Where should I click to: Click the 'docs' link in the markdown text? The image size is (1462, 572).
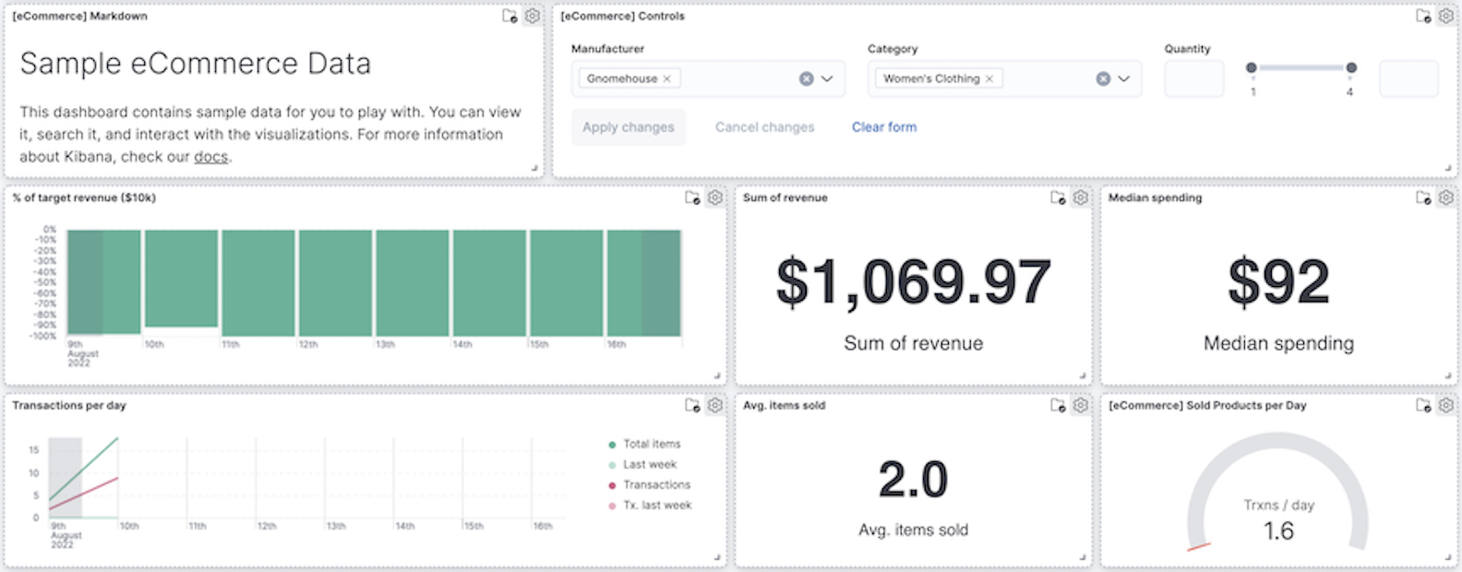click(x=210, y=157)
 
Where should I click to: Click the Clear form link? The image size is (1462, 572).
click(x=883, y=127)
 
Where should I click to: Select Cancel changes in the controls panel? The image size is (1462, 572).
click(x=764, y=127)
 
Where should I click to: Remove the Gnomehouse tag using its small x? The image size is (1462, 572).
click(x=666, y=79)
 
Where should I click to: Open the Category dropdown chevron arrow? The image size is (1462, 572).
click(x=1123, y=79)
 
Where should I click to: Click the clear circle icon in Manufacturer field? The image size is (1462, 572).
click(x=806, y=79)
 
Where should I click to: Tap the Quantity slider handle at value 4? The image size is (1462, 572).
click(x=1351, y=67)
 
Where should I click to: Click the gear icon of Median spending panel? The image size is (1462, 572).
click(x=1445, y=197)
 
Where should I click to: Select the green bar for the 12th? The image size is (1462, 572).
click(x=335, y=282)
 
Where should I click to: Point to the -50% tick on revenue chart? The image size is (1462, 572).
click(x=45, y=282)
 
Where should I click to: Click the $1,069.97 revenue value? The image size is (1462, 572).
click(x=913, y=282)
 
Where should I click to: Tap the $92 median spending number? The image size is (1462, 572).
click(x=1278, y=282)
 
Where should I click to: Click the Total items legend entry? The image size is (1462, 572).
click(x=651, y=444)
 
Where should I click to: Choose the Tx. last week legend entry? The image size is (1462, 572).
click(x=656, y=505)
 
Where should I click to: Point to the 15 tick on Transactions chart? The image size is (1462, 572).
click(x=34, y=450)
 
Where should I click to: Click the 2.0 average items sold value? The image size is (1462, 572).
click(x=913, y=480)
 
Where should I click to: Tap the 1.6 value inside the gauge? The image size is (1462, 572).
click(x=1278, y=530)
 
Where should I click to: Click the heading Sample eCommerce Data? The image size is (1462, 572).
click(x=196, y=64)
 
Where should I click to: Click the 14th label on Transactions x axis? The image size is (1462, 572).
click(x=404, y=526)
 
